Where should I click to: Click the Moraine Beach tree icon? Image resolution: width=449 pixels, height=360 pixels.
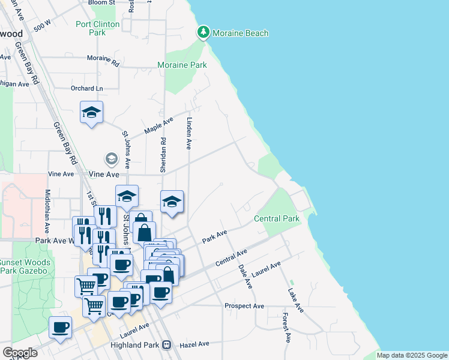203,32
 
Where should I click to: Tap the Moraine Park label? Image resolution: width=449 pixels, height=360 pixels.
181,64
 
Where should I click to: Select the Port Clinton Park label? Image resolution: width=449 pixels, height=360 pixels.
97,29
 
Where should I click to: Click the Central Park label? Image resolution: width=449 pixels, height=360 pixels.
277,218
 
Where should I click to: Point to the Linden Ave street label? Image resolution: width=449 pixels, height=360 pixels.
188,133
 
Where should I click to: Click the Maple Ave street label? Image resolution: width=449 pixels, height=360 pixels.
158,126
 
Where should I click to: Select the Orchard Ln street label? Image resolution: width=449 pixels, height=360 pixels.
87,89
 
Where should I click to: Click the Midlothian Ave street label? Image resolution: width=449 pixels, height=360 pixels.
48,212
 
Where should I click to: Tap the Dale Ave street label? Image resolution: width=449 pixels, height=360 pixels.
245,276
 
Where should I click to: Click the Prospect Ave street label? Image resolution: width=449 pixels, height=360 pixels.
244,306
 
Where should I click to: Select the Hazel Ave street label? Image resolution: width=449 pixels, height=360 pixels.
193,344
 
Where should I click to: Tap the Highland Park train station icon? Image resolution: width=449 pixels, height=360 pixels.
167,345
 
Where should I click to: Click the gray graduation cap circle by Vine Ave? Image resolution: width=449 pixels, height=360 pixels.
111,159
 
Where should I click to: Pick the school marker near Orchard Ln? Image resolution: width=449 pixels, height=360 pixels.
91,113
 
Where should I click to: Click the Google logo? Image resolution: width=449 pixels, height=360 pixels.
19,353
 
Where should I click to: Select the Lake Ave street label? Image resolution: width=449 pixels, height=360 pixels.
295,300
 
